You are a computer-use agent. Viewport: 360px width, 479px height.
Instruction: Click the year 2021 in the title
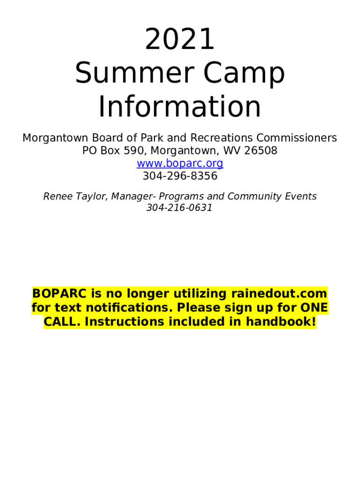click(x=180, y=40)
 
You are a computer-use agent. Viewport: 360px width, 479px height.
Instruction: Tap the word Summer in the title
click(x=122, y=73)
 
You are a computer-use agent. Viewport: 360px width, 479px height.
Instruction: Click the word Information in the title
click(x=180, y=107)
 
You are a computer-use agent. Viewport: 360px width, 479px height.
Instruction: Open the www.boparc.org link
click(x=180, y=163)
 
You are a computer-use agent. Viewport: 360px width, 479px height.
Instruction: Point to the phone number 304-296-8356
click(x=180, y=176)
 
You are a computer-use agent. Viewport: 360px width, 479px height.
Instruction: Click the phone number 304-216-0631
click(x=180, y=208)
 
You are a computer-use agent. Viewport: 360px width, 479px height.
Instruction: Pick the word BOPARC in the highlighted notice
click(x=60, y=294)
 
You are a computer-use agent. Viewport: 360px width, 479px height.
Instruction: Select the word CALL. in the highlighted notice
click(x=62, y=322)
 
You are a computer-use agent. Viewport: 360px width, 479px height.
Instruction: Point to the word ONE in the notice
click(x=314, y=308)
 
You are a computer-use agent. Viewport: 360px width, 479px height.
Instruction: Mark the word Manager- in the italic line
click(x=131, y=196)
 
